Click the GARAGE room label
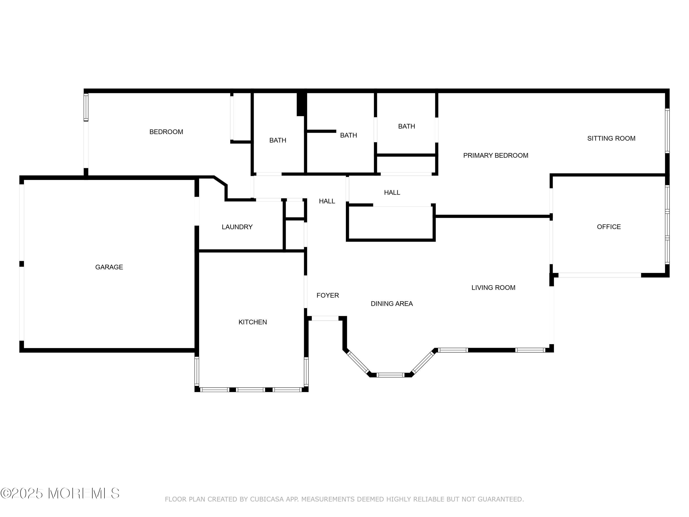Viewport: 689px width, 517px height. pos(109,267)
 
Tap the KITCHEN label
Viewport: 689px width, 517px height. pos(253,322)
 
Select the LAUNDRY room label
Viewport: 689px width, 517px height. pos(237,227)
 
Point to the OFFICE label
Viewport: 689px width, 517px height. pos(609,227)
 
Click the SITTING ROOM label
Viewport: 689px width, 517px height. pos(611,138)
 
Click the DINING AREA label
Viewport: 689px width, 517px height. pos(392,304)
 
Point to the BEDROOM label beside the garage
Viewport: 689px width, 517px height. pos(166,132)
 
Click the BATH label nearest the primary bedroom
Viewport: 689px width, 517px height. pos(407,126)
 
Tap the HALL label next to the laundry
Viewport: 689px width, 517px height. pos(327,201)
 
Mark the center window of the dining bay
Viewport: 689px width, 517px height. pos(390,375)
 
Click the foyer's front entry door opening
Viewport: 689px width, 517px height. pos(325,318)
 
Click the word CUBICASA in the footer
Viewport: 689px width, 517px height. pos(267,500)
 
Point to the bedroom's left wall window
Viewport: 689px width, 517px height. pos(86,107)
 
